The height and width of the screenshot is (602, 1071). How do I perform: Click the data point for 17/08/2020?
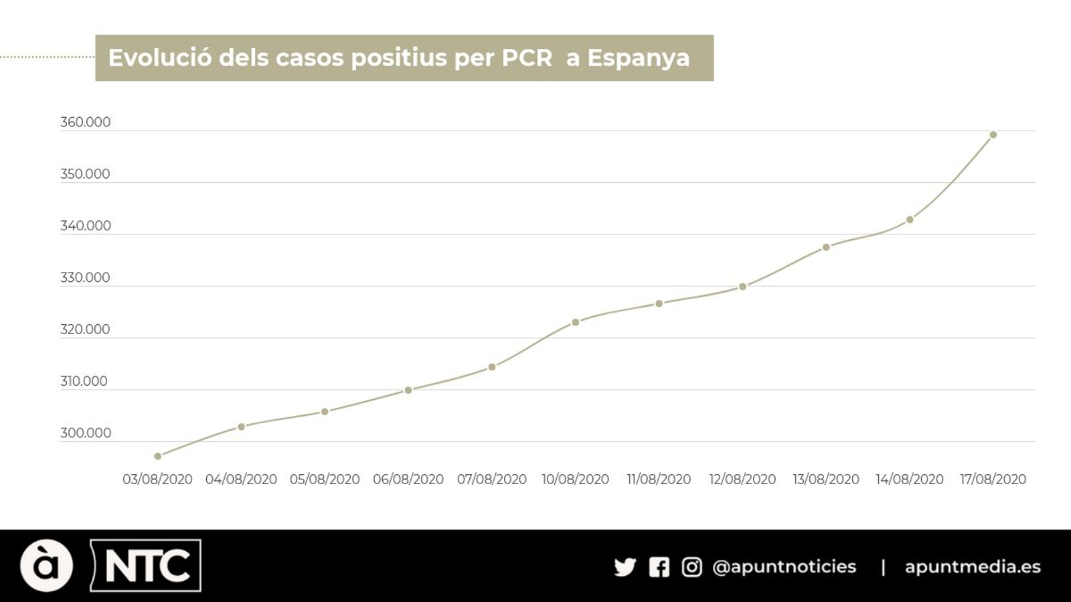(993, 135)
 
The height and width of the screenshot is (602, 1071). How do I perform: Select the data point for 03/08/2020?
(158, 456)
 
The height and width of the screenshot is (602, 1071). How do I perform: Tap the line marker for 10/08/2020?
(576, 322)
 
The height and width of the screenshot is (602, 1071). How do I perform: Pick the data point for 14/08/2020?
(910, 220)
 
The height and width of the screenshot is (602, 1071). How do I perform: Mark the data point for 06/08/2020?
(408, 390)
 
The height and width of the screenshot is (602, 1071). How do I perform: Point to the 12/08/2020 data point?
(742, 287)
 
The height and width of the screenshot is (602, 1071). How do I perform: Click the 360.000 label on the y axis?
(85, 123)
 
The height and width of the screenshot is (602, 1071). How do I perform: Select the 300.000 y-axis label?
(85, 433)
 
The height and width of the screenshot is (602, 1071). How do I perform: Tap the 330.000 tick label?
(85, 278)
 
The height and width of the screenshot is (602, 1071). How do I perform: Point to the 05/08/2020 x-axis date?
(325, 479)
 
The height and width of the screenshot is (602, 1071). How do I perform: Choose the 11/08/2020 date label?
(659, 479)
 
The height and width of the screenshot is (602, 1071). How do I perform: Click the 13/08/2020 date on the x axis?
(826, 479)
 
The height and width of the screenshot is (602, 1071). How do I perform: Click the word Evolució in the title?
(160, 58)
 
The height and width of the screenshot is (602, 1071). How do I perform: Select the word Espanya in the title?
(638, 58)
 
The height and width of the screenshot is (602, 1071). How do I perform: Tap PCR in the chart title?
(527, 58)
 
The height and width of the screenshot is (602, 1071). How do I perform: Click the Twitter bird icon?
(625, 567)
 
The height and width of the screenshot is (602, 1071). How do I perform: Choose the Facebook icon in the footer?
(659, 567)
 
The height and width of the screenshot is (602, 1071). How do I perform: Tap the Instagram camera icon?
(691, 567)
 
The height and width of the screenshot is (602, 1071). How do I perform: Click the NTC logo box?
(146, 566)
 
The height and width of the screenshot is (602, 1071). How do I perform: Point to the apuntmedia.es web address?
(973, 567)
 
